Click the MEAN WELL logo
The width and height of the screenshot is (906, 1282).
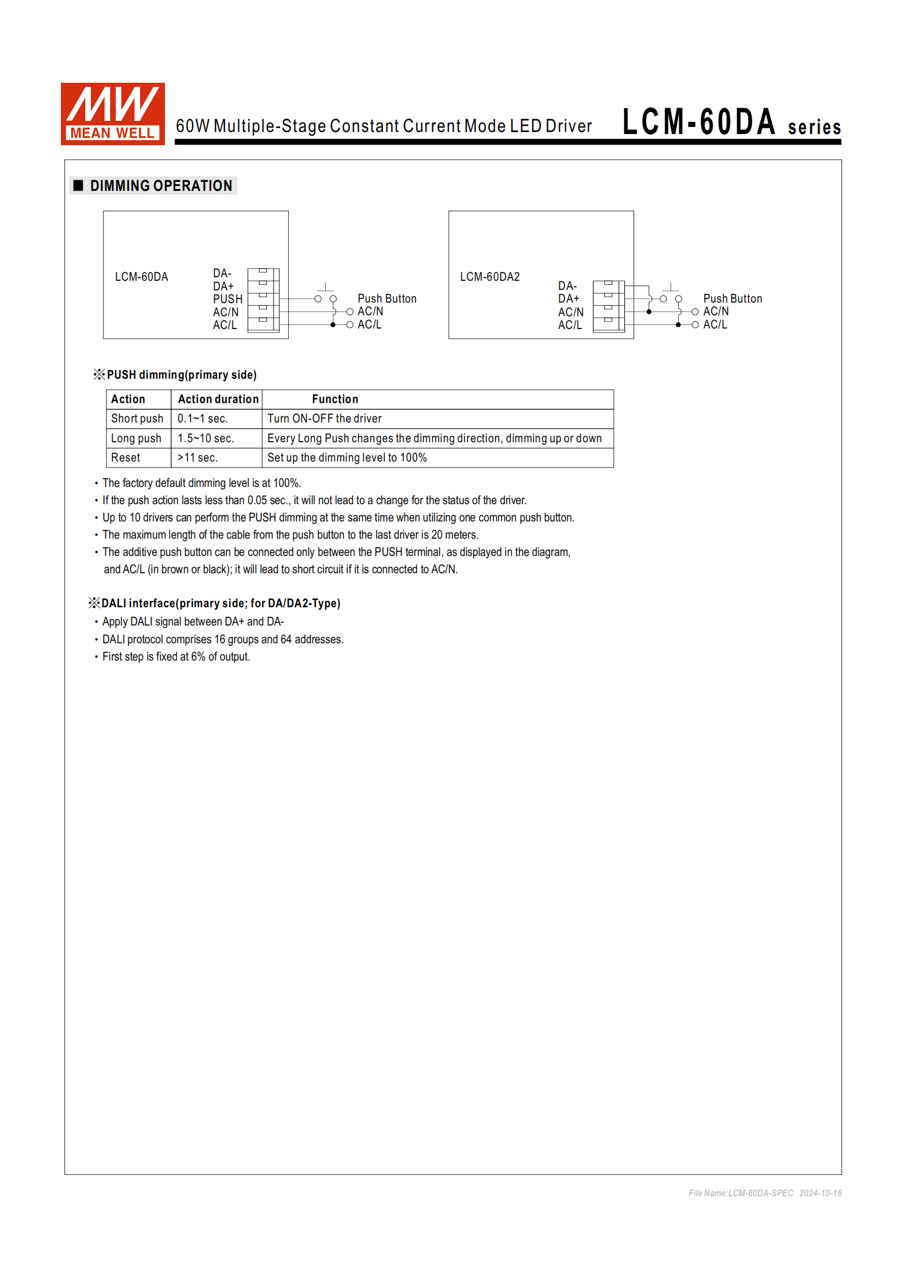(x=113, y=114)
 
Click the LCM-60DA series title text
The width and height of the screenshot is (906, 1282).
(x=731, y=123)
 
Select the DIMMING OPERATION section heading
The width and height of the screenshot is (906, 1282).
(x=161, y=186)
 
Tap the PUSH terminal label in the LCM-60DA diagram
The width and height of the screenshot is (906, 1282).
(x=227, y=299)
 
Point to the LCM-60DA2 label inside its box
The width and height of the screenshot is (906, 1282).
(x=490, y=277)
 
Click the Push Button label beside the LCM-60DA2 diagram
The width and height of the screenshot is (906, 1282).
(x=732, y=299)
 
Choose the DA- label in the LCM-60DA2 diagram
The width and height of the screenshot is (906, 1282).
(x=567, y=286)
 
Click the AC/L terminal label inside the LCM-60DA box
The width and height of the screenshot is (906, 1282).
(x=224, y=325)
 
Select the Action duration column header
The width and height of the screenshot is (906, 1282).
(x=218, y=399)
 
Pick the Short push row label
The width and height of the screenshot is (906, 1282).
(x=137, y=419)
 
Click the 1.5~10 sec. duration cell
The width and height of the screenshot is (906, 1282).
(x=206, y=438)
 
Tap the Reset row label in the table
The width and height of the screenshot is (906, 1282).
(x=125, y=458)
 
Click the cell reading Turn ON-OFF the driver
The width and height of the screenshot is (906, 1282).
(x=324, y=419)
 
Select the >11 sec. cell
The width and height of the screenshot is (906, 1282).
(x=197, y=458)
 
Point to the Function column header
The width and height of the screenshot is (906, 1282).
(x=335, y=399)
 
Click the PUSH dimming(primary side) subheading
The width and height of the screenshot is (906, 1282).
(x=181, y=375)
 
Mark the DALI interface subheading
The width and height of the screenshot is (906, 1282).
(x=220, y=604)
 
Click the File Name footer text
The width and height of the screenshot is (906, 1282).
(x=765, y=1193)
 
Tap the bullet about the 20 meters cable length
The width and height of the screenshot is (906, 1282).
(x=290, y=535)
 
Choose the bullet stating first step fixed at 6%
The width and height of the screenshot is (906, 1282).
(x=176, y=657)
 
